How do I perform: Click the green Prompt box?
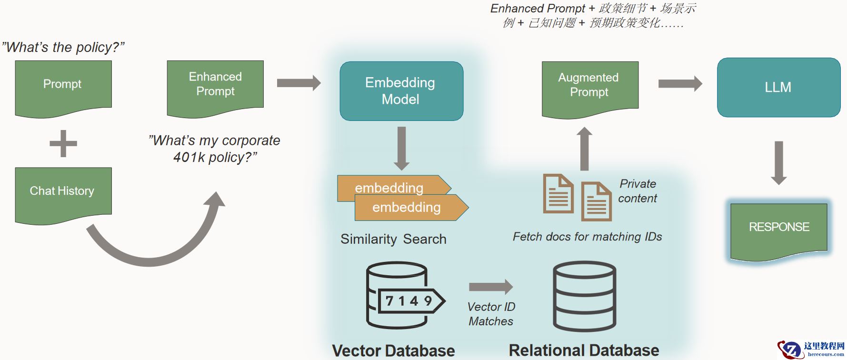coord(63,86)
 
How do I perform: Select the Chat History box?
coord(63,192)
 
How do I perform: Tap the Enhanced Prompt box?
coord(215,86)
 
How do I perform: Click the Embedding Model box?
coord(401,91)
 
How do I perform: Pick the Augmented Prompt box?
coord(589,87)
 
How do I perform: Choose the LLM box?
coord(778,88)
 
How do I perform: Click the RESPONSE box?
coord(779,229)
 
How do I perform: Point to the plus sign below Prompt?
coord(63,143)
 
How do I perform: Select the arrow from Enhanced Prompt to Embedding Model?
coord(299,83)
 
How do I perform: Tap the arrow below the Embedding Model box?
coord(401,148)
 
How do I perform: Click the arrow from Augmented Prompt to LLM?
coord(679,84)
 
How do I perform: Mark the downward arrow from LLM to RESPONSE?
coord(778,162)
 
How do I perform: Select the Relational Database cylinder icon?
coord(584,296)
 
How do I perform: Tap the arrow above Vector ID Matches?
coord(490,287)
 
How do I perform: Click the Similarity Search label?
coord(393,239)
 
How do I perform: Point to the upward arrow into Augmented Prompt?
coord(584,149)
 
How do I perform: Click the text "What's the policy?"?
coord(63,47)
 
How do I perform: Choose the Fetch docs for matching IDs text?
coord(587,237)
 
